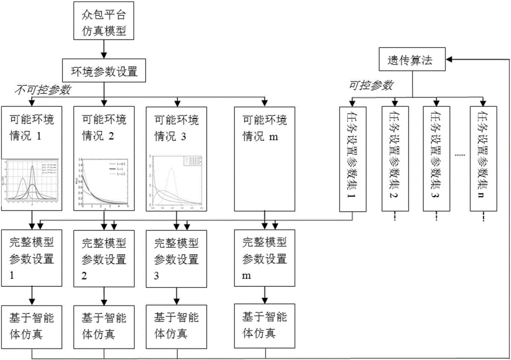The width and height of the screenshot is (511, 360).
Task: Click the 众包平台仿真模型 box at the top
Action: click(104, 22)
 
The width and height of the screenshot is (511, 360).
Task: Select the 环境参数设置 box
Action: click(104, 70)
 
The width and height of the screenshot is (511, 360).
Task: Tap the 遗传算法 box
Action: click(412, 60)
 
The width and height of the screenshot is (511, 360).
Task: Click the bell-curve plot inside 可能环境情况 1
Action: click(32, 183)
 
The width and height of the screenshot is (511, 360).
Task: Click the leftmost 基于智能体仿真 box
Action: click(32, 326)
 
